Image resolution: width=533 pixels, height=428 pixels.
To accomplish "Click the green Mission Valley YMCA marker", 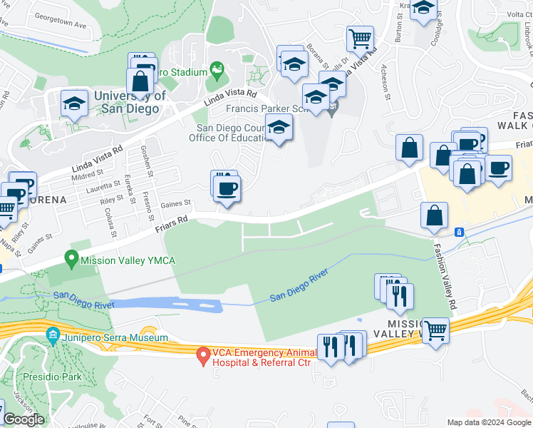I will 71,260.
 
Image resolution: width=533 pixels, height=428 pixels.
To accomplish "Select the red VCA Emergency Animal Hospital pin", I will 203,354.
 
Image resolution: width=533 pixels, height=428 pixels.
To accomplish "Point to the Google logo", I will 24,419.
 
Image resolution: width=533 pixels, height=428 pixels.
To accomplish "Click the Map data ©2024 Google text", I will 489,422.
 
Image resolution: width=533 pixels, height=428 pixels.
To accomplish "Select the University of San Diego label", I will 124,103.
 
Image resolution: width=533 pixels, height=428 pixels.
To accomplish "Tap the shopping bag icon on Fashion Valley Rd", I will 434,215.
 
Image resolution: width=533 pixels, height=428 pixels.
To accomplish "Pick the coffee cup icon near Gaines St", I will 227,188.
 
